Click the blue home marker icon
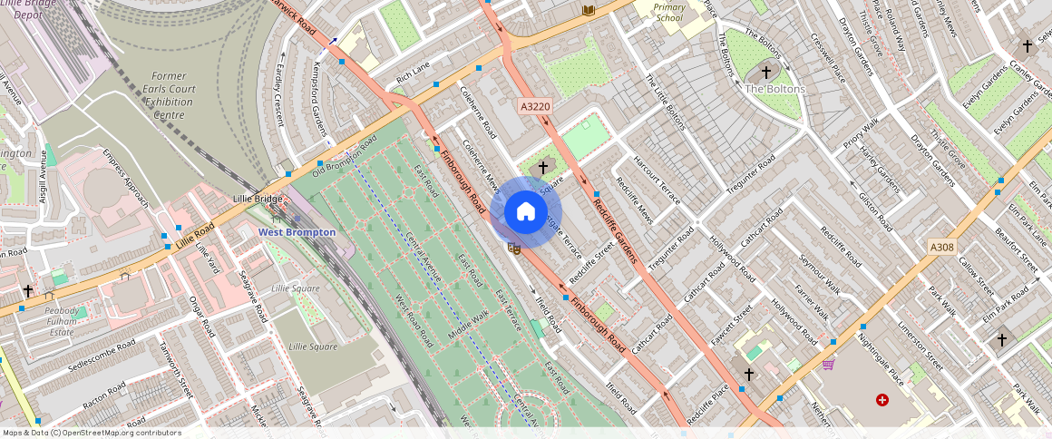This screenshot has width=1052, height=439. pos(525,212)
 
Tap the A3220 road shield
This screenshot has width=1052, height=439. pos(533,106)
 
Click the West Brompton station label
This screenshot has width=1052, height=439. pos(297,232)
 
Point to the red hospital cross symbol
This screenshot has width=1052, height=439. pos(882,400)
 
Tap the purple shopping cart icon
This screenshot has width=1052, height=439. pos(828,364)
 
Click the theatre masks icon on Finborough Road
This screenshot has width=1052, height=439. pos(514,248)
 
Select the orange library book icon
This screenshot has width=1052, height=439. pos(588,10)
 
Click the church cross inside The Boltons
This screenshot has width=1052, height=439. pos(766,71)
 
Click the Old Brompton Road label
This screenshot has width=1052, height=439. pos(344,157)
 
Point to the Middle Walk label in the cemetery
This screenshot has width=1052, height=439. pos(468,326)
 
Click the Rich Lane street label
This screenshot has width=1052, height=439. pos(413,73)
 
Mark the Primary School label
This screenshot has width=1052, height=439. pos(670,12)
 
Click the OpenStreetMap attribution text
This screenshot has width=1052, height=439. pos(93,433)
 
